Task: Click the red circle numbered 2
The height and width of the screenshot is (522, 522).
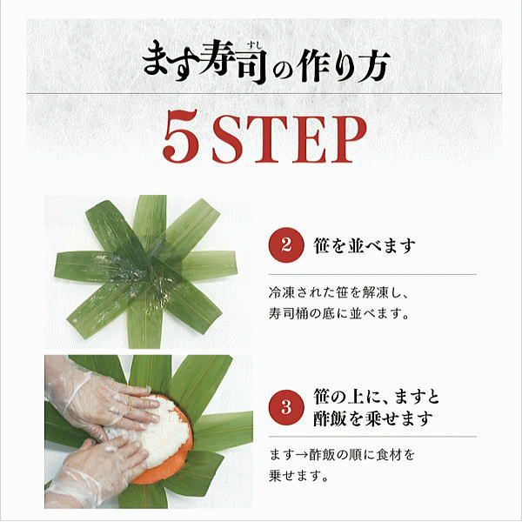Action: pos(286,245)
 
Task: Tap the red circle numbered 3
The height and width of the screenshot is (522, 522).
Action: pos(286,407)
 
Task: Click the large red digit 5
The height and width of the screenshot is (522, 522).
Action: pos(182,136)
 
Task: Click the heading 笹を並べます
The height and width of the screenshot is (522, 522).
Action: pos(365,245)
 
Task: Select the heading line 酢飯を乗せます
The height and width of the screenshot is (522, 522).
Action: pos(372,418)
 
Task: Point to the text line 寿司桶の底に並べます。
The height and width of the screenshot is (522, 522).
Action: pos(338,313)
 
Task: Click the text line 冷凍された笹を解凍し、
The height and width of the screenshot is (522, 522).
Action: pos(338,292)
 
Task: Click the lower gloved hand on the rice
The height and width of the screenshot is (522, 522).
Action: pos(100,466)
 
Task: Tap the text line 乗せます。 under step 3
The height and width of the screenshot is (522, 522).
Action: pos(299,475)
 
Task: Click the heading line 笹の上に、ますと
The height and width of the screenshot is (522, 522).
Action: pos(377,397)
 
